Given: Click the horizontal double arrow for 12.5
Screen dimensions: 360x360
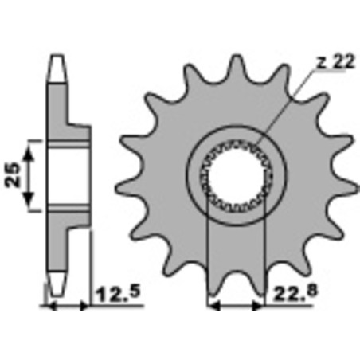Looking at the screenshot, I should tap(68, 306).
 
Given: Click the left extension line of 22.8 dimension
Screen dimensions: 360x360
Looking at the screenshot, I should tap(208, 255).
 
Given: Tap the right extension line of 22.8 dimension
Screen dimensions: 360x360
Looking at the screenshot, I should tap(264, 255).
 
